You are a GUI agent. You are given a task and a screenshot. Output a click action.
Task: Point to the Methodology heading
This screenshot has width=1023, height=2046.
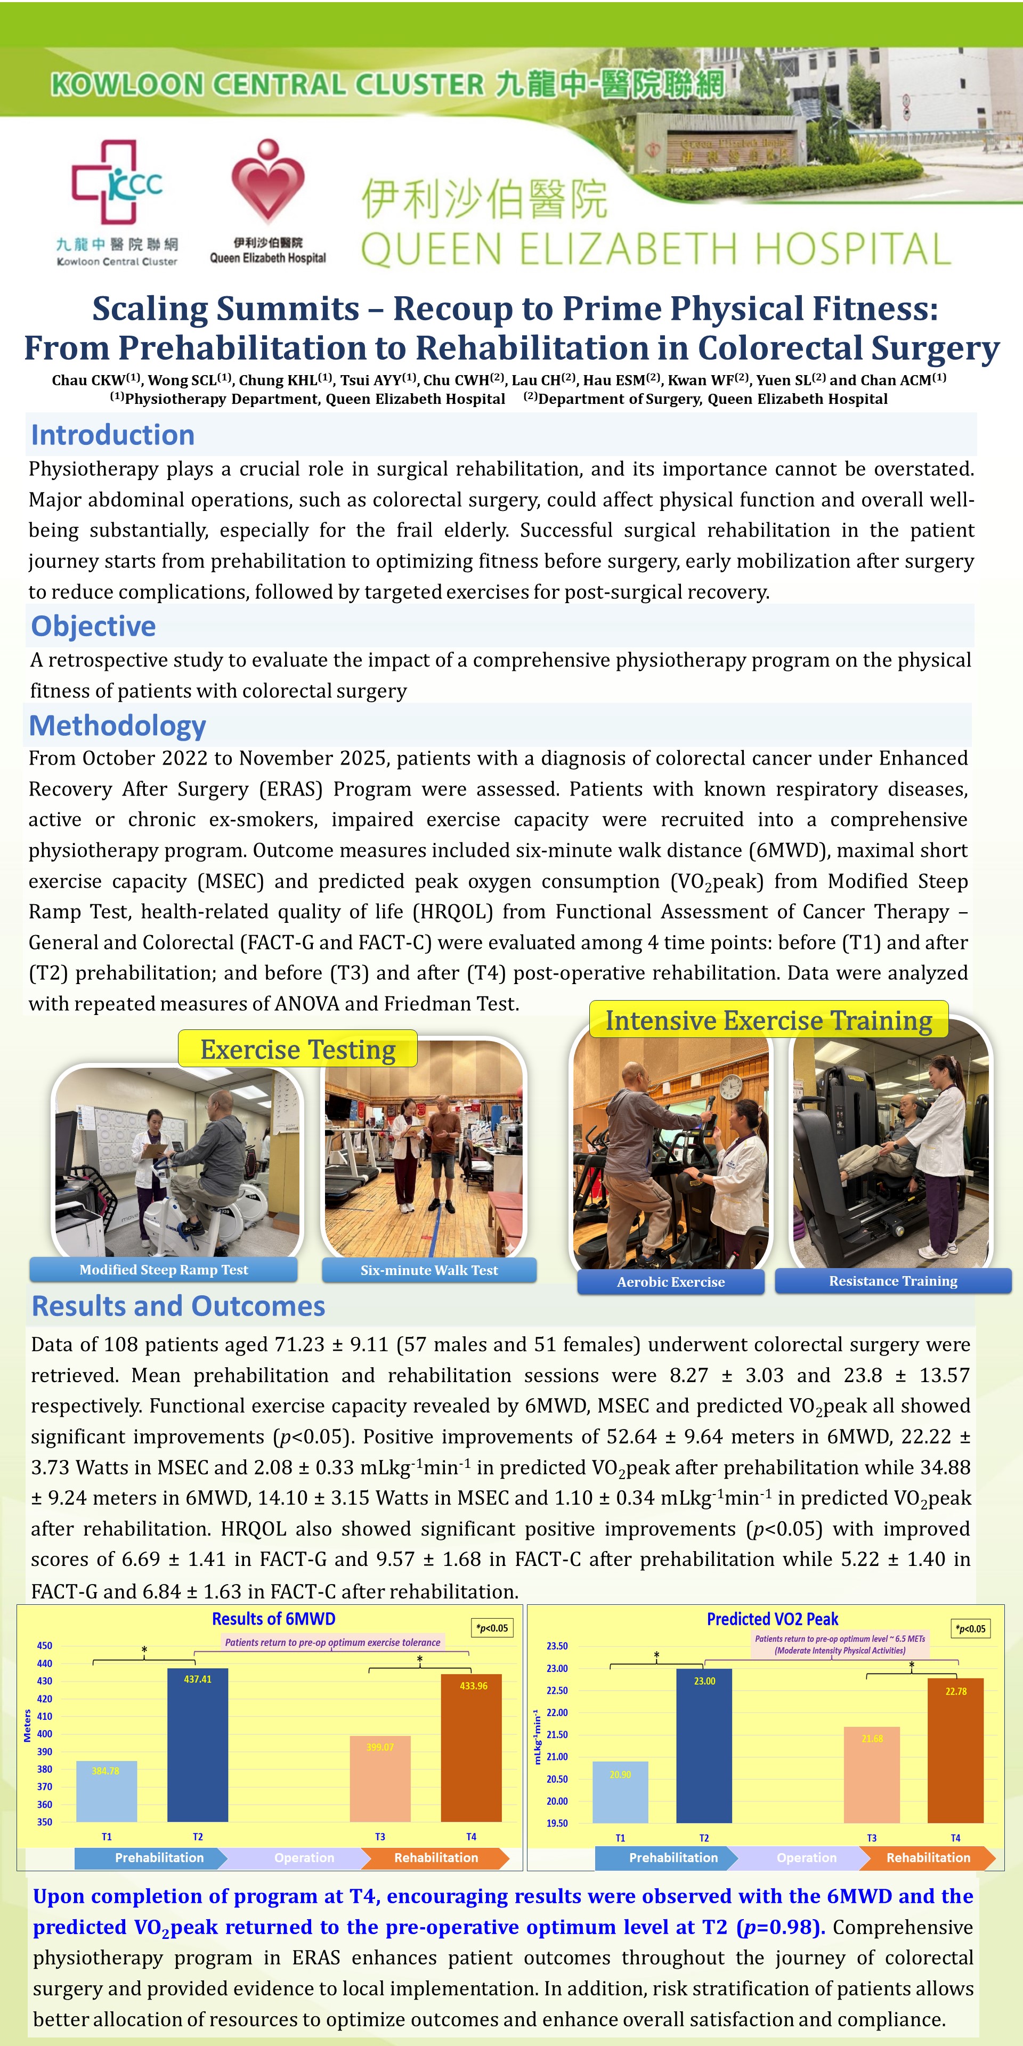118,725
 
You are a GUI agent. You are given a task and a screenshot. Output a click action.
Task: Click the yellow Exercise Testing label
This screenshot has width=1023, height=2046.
297,1049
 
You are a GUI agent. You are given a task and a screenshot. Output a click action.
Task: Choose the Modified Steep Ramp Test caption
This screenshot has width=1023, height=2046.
164,1269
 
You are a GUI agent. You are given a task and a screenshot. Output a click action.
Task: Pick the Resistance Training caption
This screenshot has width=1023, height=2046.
893,1280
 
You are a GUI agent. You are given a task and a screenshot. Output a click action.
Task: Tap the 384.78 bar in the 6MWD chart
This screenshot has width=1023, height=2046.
107,1790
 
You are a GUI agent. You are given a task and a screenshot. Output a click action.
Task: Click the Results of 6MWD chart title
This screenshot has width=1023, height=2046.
273,1619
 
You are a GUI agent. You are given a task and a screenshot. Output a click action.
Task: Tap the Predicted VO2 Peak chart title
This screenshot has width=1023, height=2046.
772,1619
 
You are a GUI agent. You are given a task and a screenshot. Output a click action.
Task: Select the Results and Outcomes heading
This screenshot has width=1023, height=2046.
178,1306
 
